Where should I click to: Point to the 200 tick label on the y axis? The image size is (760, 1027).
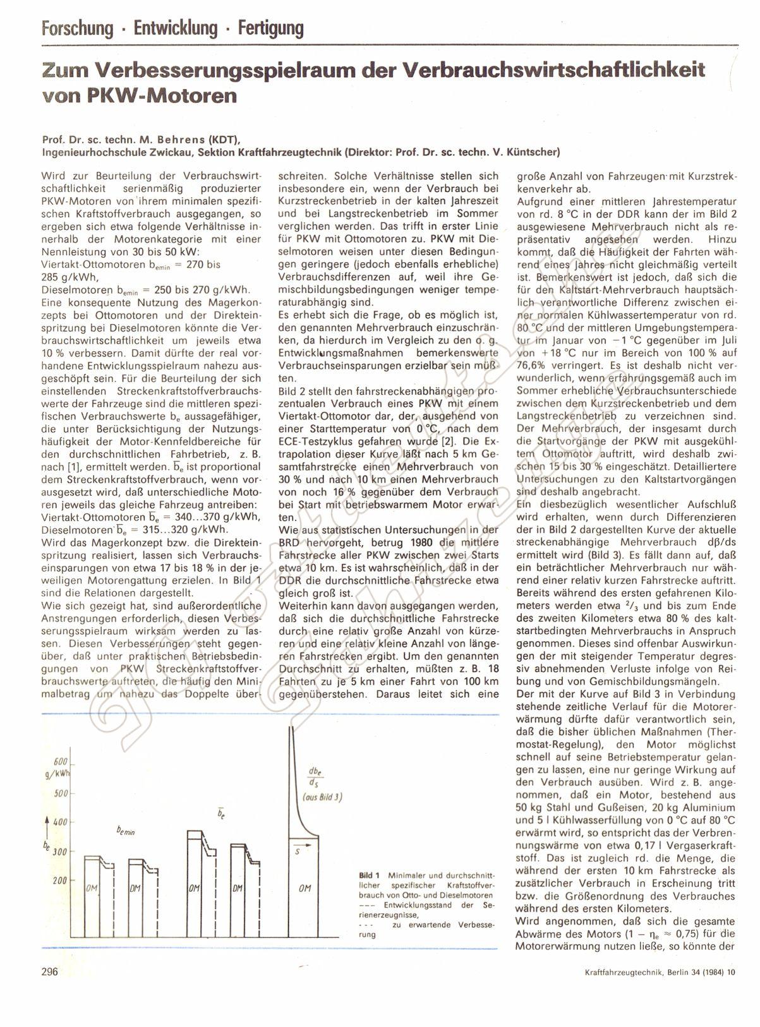coord(59,880)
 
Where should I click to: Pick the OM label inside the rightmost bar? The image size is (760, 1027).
coord(305,889)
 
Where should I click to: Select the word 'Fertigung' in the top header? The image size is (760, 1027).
coord(268,28)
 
